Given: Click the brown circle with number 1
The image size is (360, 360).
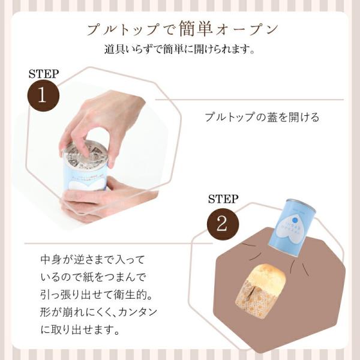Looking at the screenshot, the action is coord(43,95).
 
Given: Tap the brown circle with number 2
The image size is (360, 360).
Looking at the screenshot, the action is coord(223,224).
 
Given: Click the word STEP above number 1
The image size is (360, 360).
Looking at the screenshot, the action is coord(44,74).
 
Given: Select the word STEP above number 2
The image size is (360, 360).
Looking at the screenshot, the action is coord(223,199).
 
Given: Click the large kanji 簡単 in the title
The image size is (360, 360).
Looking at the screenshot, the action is coord(196,28).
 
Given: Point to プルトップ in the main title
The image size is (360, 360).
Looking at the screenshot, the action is coord(122,30).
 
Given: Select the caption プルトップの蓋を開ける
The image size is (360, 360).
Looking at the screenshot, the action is coord(262,117).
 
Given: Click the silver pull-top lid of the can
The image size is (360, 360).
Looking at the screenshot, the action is coord(85,154).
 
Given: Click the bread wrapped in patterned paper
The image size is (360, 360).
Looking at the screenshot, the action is coord(260,291).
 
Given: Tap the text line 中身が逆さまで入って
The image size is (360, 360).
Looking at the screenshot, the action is coord(92,260).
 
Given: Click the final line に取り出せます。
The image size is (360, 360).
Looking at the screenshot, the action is coord(80,330).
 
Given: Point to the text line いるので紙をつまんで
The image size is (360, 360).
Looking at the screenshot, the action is coord(93,277).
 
